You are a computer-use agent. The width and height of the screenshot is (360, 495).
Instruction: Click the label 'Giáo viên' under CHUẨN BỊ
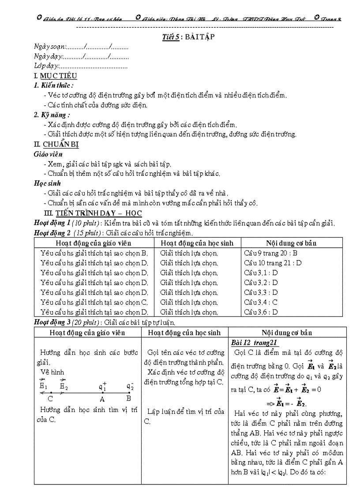(x=48, y=154)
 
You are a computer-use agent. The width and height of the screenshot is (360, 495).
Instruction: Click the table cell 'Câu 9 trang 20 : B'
(x=270, y=253)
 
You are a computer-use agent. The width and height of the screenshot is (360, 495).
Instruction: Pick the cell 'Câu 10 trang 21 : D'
(x=272, y=263)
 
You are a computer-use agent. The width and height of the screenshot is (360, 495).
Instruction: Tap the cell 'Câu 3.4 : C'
(x=261, y=302)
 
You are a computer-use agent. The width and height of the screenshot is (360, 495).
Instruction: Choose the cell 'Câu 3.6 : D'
(x=261, y=312)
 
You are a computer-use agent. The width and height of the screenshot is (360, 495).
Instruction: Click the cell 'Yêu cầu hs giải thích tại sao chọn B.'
(x=94, y=253)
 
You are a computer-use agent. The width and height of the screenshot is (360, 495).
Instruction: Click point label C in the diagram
(x=50, y=399)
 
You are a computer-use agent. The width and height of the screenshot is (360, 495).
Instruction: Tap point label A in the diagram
(x=102, y=399)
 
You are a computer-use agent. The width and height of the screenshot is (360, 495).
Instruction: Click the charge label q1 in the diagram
(x=103, y=387)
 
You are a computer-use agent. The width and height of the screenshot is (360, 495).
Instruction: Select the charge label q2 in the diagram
(x=130, y=387)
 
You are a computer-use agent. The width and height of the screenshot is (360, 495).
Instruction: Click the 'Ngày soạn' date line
(x=81, y=46)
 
